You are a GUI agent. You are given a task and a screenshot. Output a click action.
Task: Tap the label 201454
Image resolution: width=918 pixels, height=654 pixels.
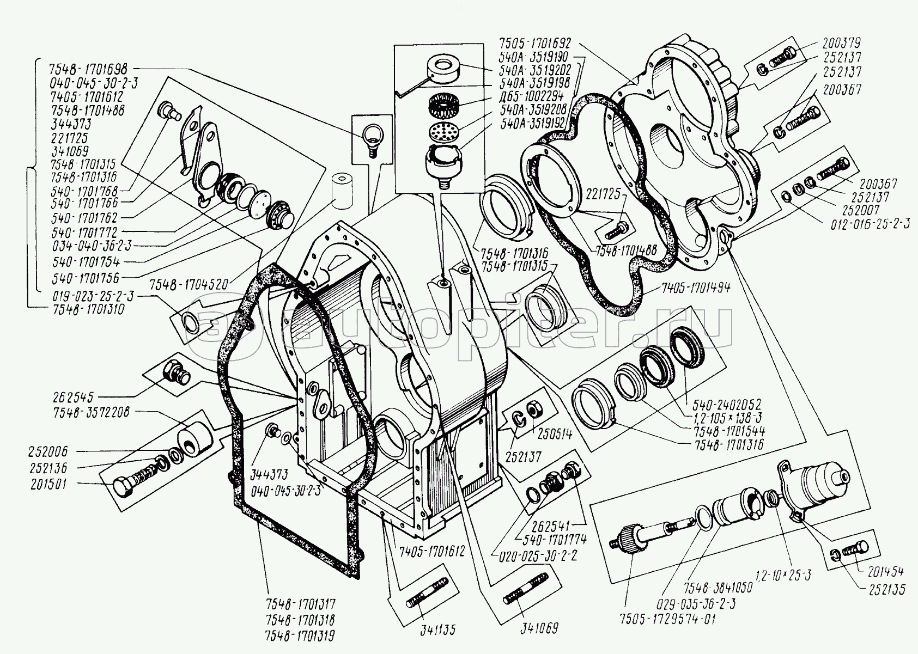pos(883,571)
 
